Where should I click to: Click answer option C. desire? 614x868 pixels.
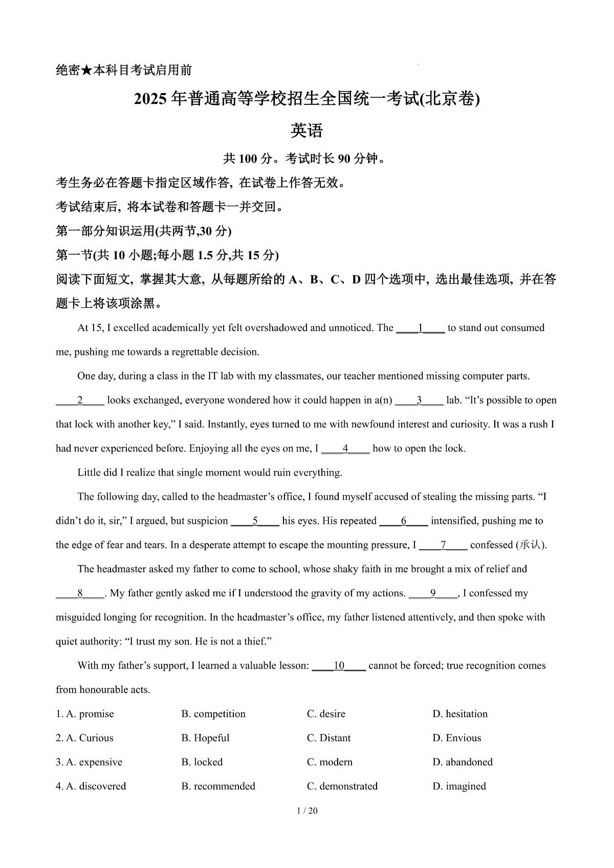tap(326, 714)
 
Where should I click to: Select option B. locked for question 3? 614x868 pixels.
tap(202, 762)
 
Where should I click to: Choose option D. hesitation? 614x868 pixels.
tap(459, 714)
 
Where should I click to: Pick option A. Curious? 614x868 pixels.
tap(85, 738)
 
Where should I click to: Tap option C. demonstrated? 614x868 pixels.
tap(342, 786)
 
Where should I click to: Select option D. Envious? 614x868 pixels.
tap(456, 738)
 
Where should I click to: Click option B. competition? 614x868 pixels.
tap(213, 714)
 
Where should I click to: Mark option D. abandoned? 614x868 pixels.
tap(462, 762)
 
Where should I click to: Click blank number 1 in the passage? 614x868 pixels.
tap(421, 328)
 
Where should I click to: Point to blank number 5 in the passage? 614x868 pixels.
tap(255, 521)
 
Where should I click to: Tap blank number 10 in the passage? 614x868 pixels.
tap(339, 665)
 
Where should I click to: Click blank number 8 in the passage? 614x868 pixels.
tap(80, 593)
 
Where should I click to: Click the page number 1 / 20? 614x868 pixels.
tap(307, 810)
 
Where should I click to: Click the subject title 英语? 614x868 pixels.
tap(307, 131)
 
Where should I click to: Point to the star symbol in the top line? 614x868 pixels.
tap(86, 71)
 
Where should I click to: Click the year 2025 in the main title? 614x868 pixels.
tap(151, 99)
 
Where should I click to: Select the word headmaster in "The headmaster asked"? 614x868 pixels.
tap(122, 569)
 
